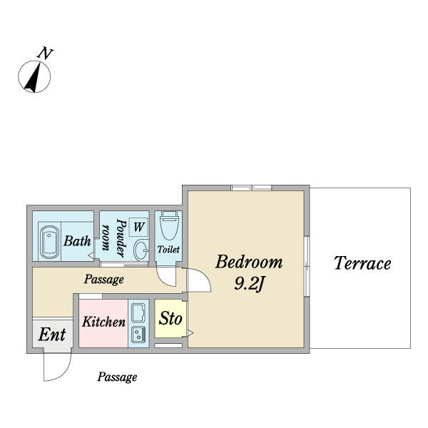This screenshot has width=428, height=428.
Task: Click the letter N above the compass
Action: point(45,53)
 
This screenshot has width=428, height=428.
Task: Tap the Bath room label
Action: point(77,241)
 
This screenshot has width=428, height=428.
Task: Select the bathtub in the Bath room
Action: point(49,243)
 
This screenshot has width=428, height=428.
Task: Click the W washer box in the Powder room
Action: point(138,227)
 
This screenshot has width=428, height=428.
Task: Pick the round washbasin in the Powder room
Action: point(141,250)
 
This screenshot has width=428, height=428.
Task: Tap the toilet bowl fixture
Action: point(169,225)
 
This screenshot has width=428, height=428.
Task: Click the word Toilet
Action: point(168,249)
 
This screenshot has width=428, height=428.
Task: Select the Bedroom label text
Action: point(249,262)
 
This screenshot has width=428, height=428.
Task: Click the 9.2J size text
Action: point(249,284)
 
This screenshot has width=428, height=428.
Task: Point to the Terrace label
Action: point(362,263)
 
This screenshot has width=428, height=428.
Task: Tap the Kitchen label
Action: point(103,322)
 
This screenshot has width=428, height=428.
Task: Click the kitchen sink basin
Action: point(138,312)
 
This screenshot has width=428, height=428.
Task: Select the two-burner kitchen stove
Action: point(138,335)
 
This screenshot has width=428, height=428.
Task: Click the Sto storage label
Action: point(170,318)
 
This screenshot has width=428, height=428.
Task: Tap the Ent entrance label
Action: point(52,335)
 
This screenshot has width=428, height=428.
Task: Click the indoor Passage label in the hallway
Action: point(103,280)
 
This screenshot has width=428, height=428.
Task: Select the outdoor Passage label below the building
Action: point(117,377)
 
